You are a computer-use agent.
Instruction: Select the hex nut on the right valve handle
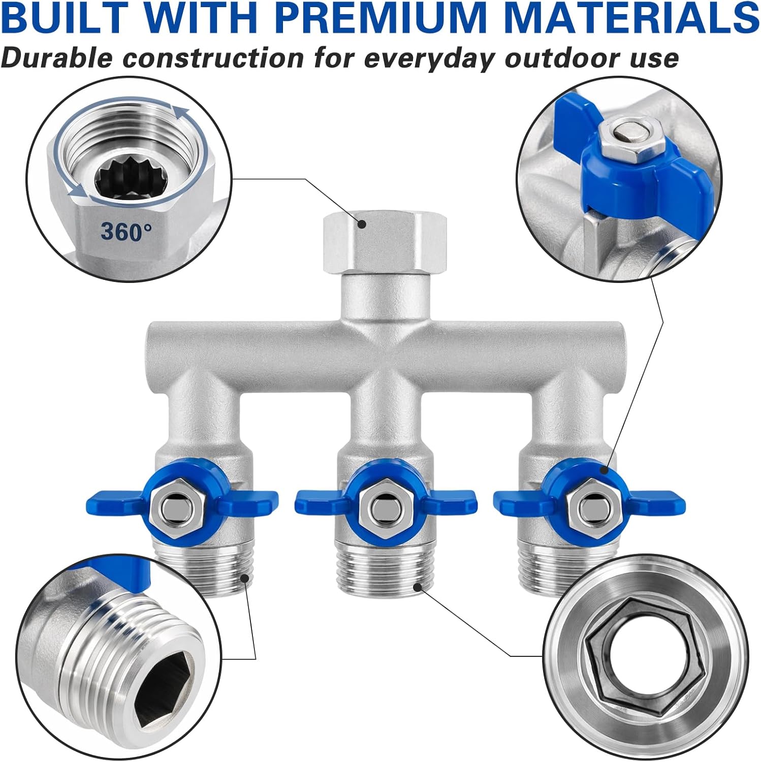coord(589,505)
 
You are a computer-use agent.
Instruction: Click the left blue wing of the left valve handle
coord(118,497)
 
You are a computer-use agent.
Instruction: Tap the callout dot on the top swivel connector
coord(362,223)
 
